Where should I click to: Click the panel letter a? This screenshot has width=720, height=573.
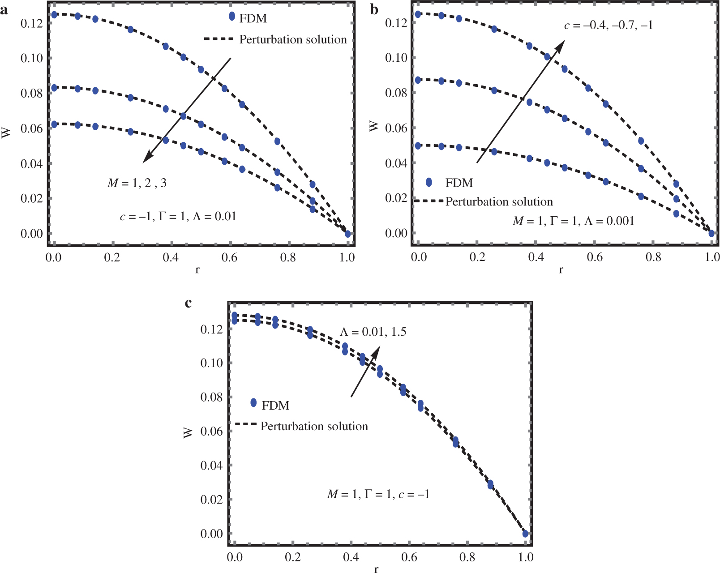tap(4, 9)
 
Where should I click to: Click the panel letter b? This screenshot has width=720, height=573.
tap(374, 9)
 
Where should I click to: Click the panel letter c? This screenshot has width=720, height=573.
tap(188, 303)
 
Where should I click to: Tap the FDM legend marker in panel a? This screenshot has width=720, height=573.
tap(232, 16)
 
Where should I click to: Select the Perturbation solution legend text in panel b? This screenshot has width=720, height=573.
tap(499, 202)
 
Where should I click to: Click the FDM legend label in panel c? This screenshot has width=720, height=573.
tap(275, 405)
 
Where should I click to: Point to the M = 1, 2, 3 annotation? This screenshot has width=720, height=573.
tap(137, 183)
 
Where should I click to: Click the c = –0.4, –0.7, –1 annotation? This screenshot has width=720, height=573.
tap(608, 25)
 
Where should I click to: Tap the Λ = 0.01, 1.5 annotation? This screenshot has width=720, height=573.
tap(373, 332)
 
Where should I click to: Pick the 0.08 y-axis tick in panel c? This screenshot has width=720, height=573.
tap(211, 397)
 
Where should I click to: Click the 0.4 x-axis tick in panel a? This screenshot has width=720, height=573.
tap(171, 257)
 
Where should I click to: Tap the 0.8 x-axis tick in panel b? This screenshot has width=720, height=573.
tap(653, 257)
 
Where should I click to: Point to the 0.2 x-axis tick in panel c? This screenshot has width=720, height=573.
tap(292, 557)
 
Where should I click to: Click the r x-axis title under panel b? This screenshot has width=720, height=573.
tap(561, 270)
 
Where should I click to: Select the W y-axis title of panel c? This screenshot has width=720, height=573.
tap(188, 432)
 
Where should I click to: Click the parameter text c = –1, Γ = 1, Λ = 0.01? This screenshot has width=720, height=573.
tap(178, 217)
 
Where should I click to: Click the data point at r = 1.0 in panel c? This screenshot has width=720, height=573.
tap(525, 534)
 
